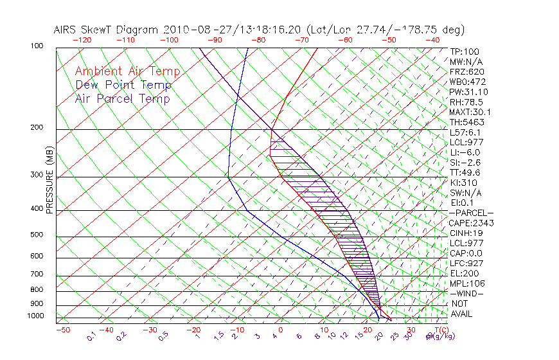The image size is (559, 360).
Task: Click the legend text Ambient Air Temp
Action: [127, 71]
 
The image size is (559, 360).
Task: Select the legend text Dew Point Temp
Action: [123, 85]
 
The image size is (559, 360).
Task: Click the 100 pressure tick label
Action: [37, 46]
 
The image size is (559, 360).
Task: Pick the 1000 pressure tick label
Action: [36, 316]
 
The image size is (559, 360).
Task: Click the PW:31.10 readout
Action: [468, 92]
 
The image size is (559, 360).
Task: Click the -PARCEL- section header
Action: [471, 213]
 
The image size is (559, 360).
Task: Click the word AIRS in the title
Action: [66, 30]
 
